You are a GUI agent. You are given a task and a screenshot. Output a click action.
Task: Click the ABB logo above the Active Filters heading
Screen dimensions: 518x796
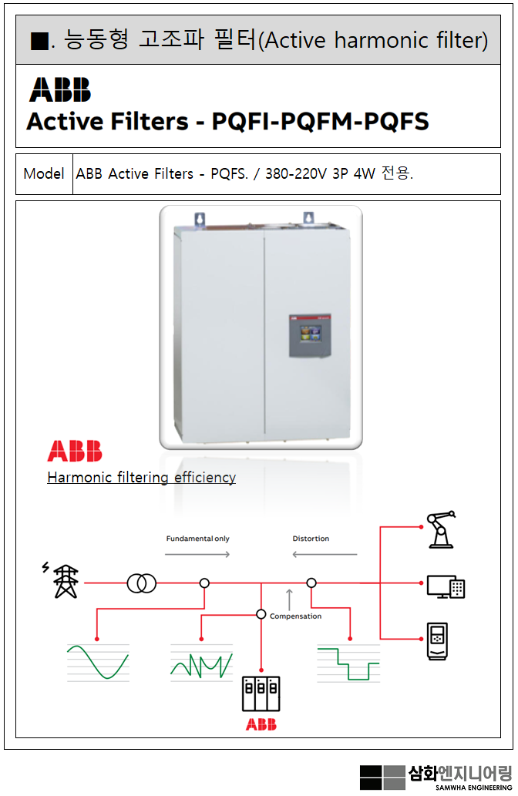[60, 89]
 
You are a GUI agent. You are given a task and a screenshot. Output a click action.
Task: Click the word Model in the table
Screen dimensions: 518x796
[44, 173]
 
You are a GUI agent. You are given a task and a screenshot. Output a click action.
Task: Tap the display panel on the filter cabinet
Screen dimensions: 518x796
[311, 335]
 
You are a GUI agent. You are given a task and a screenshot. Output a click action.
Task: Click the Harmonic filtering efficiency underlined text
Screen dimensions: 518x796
[141, 477]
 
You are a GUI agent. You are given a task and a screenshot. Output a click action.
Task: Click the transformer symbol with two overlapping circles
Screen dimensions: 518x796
[142, 583]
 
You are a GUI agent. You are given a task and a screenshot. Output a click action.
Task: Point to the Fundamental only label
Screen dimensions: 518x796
[197, 539]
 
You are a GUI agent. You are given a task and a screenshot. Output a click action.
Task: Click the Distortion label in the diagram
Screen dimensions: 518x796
[311, 539]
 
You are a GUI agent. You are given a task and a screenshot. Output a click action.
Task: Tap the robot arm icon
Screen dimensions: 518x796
[441, 529]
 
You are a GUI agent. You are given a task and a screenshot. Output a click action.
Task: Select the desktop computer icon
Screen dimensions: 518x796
[446, 586]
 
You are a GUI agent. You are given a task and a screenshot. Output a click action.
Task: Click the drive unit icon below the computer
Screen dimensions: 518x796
[436, 640]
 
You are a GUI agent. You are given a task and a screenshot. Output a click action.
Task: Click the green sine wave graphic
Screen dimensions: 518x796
[97, 662]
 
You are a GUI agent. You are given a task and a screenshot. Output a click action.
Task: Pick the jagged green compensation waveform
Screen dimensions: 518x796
[201, 663]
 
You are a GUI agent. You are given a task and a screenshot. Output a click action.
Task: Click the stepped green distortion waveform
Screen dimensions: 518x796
[348, 662]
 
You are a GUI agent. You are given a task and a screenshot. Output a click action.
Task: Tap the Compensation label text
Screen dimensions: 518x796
[295, 616]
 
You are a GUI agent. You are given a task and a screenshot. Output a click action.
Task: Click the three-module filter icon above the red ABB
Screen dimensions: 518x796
[261, 694]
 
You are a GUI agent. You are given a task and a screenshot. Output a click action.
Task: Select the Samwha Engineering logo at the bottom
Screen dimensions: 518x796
[436, 776]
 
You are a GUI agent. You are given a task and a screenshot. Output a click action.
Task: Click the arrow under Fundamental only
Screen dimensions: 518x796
[197, 554]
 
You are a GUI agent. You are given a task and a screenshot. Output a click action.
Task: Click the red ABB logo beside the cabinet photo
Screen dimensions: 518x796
[75, 452]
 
